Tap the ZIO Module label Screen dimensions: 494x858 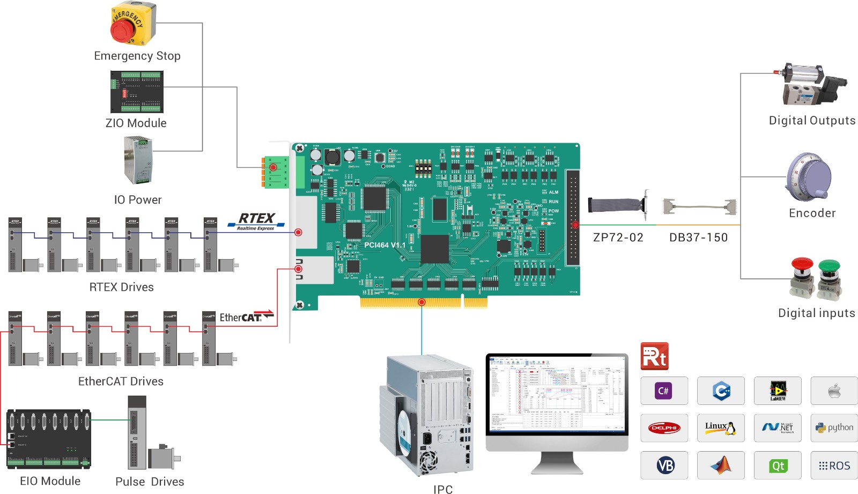pyautogui.click(x=136, y=123)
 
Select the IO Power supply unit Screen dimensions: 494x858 pyautogui.click(x=138, y=160)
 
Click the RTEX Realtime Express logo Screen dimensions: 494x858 pyautogui.click(x=256, y=221)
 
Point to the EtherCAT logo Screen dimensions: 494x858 pyautogui.click(x=246, y=317)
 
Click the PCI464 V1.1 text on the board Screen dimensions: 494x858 pyautogui.click(x=384, y=245)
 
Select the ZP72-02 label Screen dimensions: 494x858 pyautogui.click(x=618, y=238)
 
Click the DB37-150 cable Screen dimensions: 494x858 pyautogui.click(x=699, y=207)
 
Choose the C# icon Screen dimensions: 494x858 pyautogui.click(x=664, y=390)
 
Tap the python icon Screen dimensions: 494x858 pyautogui.click(x=834, y=427)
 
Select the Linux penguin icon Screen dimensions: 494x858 pyautogui.click(x=720, y=427)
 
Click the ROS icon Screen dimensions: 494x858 pyautogui.click(x=834, y=466)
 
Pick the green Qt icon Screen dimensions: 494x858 pyautogui.click(x=778, y=466)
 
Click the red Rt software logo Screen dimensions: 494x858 pyautogui.click(x=654, y=356)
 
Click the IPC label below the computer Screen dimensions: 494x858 pyautogui.click(x=443, y=489)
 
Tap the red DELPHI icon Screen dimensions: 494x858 pyautogui.click(x=664, y=427)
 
